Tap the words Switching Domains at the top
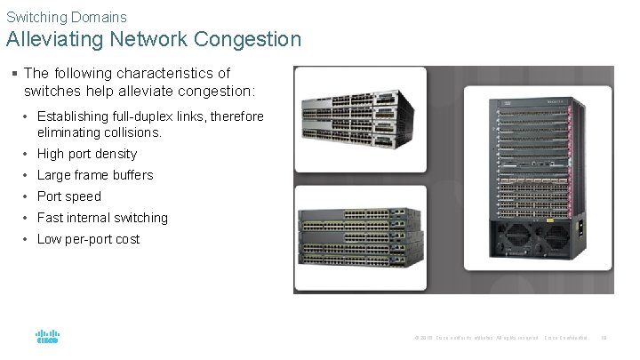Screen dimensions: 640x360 [67, 16]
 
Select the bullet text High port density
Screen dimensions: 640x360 [87, 154]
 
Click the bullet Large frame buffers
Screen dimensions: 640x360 [95, 175]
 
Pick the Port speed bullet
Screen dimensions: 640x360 [69, 196]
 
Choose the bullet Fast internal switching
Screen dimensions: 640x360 [102, 218]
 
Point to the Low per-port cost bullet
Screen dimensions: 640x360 [88, 239]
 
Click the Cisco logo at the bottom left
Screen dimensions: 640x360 [47, 338]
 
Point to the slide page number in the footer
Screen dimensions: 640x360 [604, 338]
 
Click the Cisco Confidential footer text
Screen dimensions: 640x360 [566, 338]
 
